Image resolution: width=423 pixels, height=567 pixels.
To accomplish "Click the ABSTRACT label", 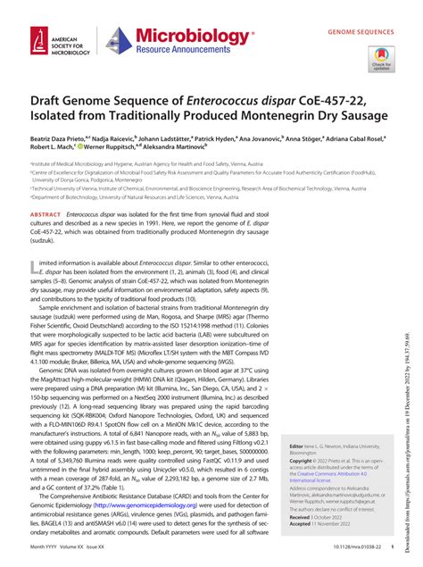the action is [x=46, y=216].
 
